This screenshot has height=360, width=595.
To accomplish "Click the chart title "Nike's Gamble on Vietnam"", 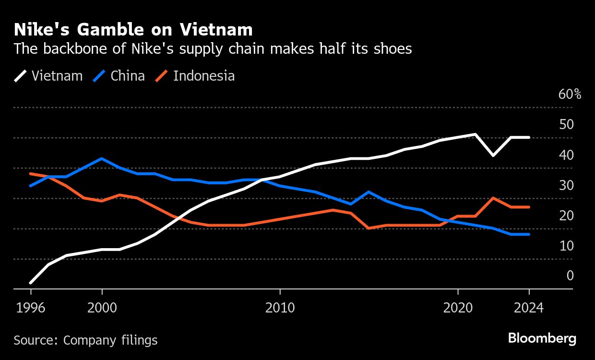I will tap(133, 30).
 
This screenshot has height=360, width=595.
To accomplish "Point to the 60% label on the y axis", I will tap(570, 94).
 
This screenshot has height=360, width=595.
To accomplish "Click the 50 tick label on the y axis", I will tap(566, 124).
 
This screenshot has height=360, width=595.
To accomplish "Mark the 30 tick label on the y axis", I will tap(566, 185).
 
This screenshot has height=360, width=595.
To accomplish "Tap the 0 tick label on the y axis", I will tap(570, 276).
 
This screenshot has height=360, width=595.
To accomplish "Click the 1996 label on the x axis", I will tap(31, 308).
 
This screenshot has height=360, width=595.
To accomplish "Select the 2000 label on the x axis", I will tap(102, 308).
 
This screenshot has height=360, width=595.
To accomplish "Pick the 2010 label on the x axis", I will tap(280, 308).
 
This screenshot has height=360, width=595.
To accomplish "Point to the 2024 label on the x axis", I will tap(529, 308).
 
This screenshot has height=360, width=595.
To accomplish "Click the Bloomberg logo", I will tap(542, 338).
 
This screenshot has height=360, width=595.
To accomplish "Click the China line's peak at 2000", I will tap(102, 158).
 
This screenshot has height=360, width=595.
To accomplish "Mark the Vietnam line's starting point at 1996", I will tap(31, 283).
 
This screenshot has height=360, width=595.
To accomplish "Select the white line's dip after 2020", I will tap(493, 156).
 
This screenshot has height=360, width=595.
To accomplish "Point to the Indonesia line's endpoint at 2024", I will tap(529, 207).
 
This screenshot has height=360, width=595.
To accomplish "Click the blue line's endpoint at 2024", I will tap(529, 234).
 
